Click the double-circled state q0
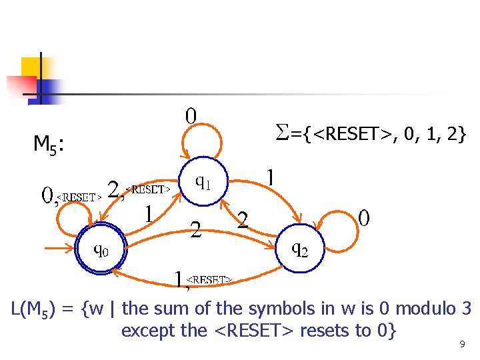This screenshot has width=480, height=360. click(x=101, y=249)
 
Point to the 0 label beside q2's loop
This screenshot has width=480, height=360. click(x=364, y=218)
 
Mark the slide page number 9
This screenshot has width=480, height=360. click(x=461, y=345)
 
